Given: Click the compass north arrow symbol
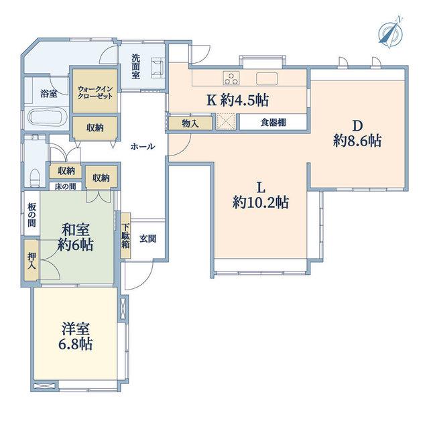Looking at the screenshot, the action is [391, 33].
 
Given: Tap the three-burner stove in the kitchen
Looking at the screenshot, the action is [231, 78].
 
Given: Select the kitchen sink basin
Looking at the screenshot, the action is [267, 78].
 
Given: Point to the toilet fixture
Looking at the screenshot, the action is [36, 178].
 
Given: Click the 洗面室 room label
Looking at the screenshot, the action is [135, 66].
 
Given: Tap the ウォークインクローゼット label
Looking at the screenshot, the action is [95, 93].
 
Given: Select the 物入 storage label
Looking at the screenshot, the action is [190, 123].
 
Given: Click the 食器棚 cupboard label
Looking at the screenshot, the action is [273, 122].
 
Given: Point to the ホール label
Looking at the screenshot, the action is [143, 147].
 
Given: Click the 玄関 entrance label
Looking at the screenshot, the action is [148, 239].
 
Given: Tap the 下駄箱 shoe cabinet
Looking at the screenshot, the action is [125, 236].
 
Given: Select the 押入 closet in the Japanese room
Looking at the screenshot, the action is [32, 260].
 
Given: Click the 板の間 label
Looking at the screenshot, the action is [32, 215].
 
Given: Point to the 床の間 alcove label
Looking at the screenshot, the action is [65, 186].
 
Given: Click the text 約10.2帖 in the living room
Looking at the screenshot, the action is [261, 202].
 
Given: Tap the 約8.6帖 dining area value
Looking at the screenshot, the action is [357, 141].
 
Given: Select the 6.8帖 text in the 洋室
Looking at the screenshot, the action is [76, 344].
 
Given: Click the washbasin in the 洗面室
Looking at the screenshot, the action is [158, 68].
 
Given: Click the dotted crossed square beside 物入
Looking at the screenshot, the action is [226, 122].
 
